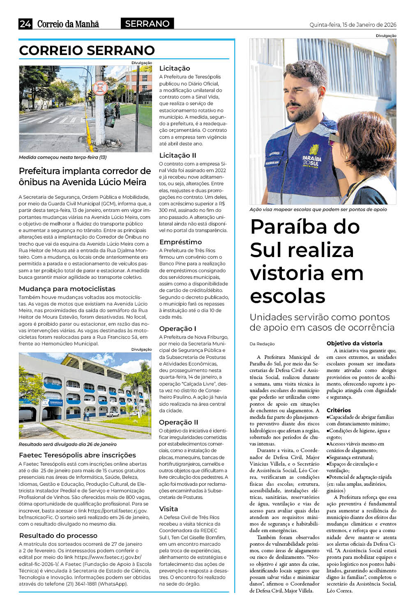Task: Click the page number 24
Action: click(25, 24)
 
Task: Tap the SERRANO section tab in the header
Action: click(147, 24)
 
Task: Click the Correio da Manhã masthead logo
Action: click(68, 24)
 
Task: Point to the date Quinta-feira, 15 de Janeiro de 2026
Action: click(353, 25)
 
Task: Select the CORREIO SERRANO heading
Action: click(87, 51)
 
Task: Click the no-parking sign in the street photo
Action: click(100, 87)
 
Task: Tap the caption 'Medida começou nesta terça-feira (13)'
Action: click(63, 157)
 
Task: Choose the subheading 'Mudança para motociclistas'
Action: click(67, 289)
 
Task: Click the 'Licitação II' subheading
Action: click(178, 155)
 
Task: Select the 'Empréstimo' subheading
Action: click(180, 242)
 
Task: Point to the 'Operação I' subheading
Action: click(178, 328)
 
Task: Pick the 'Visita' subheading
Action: click(168, 509)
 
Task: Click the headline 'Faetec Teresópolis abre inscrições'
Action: click(77, 455)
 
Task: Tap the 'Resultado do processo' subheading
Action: click(58, 535)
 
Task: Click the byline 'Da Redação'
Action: click(262, 344)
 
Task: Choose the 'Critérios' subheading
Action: click(339, 410)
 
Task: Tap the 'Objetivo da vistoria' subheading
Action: click(354, 343)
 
